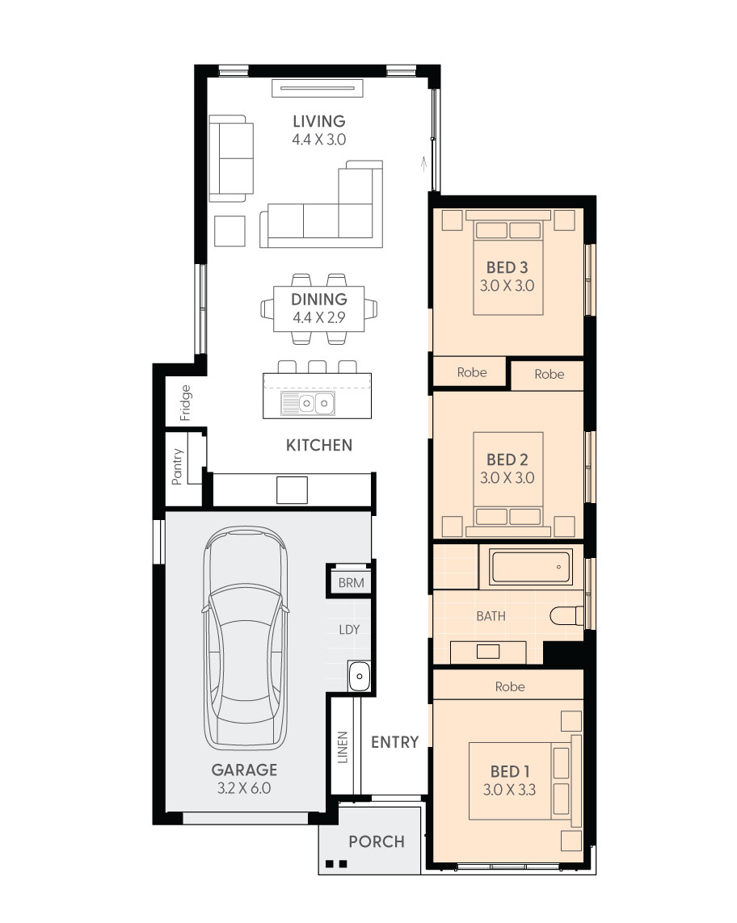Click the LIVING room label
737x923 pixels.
pyautogui.click(x=318, y=121)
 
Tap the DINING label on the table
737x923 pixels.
pyautogui.click(x=318, y=299)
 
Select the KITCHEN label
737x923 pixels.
pyautogui.click(x=318, y=445)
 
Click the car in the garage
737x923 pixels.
pyautogui.click(x=245, y=639)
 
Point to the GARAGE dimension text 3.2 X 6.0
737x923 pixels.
pyautogui.click(x=244, y=788)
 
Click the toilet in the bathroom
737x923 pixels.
pyautogui.click(x=566, y=615)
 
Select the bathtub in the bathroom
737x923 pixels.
pyautogui.click(x=532, y=566)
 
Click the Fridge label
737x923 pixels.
pyautogui.click(x=185, y=403)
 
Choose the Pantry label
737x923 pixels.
pyautogui.click(x=177, y=467)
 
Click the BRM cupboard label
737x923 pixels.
pyautogui.click(x=351, y=583)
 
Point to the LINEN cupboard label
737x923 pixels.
pyautogui.click(x=343, y=748)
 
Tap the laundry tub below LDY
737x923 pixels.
pyautogui.click(x=359, y=676)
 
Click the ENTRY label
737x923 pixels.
pyautogui.click(x=394, y=742)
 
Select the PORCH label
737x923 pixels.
pyautogui.click(x=377, y=841)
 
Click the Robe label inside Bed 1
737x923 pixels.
pyautogui.click(x=510, y=686)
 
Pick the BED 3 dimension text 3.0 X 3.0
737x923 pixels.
pyautogui.click(x=507, y=286)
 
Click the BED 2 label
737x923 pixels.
pyautogui.click(x=507, y=459)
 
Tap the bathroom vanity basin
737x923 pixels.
pyautogui.click(x=488, y=651)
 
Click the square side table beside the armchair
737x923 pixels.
pyautogui.click(x=230, y=231)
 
